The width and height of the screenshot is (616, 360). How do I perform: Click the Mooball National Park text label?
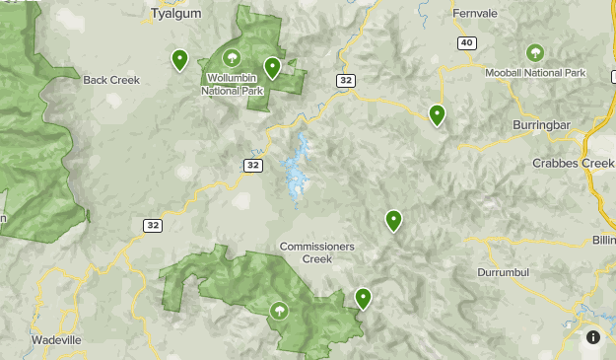[x=535, y=73]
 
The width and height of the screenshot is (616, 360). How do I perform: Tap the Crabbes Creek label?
[x=573, y=163]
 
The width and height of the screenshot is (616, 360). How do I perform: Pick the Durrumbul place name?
[x=504, y=271]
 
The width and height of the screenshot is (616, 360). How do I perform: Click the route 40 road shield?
[x=467, y=42]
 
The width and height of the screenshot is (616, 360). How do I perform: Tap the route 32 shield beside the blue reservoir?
[x=254, y=165]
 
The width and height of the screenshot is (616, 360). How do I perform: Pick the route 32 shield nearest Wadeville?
[x=151, y=226]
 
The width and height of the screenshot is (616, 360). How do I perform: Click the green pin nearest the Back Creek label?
[x=179, y=61]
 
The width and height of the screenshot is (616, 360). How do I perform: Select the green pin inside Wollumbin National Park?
[x=271, y=67]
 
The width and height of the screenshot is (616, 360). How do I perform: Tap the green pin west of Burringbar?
[x=437, y=115]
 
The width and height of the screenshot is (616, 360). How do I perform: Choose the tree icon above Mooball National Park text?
[x=535, y=51]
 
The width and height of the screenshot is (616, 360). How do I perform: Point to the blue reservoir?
[x=297, y=168]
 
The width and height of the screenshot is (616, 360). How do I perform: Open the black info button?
[x=592, y=336]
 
